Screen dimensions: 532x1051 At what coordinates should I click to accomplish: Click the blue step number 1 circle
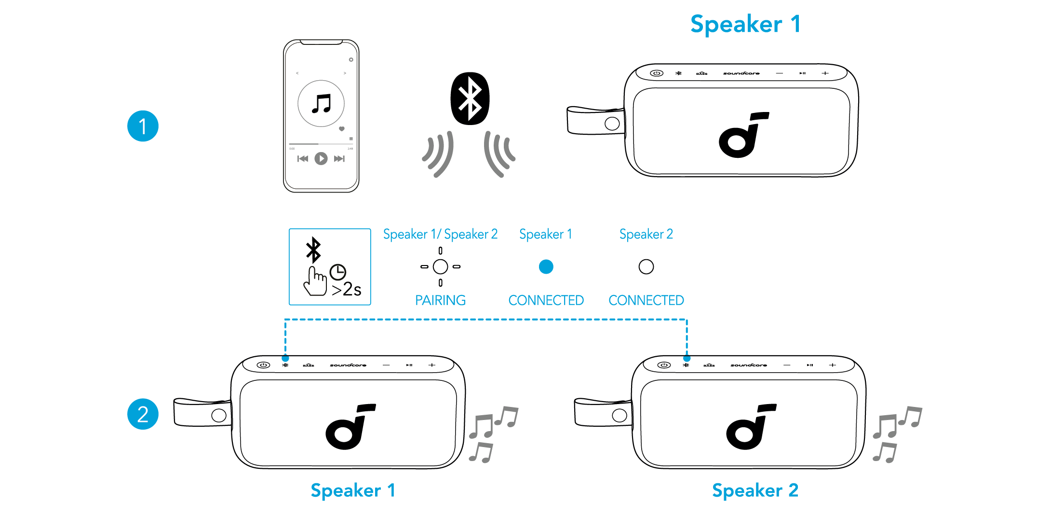(143, 126)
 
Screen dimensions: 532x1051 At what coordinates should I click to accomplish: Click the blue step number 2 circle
(143, 414)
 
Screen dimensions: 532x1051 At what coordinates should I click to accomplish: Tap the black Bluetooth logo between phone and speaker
(470, 98)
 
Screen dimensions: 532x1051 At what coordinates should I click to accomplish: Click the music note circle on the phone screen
(321, 103)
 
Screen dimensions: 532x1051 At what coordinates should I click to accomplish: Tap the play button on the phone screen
(321, 158)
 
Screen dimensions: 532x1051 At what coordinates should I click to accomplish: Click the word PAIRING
(440, 300)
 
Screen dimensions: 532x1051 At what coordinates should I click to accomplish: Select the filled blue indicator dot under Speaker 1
(546, 266)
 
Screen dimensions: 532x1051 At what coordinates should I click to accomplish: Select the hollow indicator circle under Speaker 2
(646, 266)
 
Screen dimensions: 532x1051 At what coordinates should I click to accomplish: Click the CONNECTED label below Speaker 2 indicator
(646, 300)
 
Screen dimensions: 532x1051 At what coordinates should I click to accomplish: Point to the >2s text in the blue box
(347, 289)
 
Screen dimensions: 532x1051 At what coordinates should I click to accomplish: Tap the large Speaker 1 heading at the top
(745, 24)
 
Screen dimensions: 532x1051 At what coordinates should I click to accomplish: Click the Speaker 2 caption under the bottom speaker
(755, 490)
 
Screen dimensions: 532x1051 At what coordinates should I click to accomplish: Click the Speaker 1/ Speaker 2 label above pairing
(440, 234)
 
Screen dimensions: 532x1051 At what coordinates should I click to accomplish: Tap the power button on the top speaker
(657, 73)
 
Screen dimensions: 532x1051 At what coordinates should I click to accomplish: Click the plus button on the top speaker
(825, 73)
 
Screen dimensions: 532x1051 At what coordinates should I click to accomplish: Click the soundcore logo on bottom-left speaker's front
(350, 427)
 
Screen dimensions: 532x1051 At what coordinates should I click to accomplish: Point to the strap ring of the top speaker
(612, 124)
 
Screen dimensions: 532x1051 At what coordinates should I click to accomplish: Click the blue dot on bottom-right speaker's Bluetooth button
(687, 359)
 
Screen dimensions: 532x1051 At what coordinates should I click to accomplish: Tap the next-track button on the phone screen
(339, 158)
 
